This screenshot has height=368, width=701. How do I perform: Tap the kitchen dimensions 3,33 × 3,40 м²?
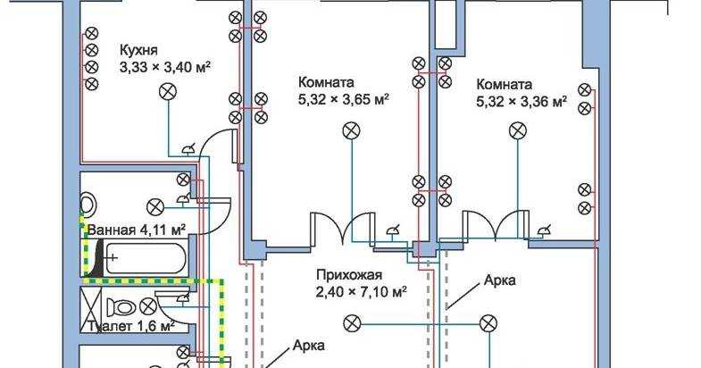click(x=164, y=66)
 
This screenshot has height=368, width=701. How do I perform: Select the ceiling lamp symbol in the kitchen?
click(x=166, y=89)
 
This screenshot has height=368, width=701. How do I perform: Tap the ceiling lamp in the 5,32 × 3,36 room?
click(x=517, y=131)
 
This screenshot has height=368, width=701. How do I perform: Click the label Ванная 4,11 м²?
click(x=136, y=230)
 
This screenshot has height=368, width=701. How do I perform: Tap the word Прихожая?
click(x=348, y=275)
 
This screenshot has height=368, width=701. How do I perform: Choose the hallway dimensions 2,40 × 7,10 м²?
click(x=361, y=291)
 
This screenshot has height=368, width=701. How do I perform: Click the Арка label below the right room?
click(x=499, y=280)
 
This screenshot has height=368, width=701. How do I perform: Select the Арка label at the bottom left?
click(x=308, y=345)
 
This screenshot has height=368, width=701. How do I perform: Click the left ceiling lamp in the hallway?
click(x=354, y=322)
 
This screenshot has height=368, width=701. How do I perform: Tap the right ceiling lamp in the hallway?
click(x=488, y=322)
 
